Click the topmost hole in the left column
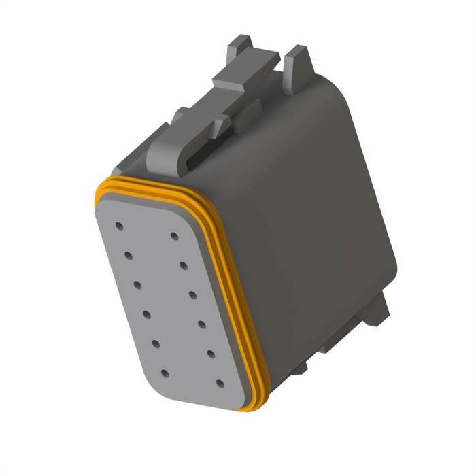coord(119,226)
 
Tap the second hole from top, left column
coord(128,255)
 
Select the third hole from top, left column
coord(137,284)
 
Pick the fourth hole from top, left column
coord(146,313)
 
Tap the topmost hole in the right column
coord(175,236)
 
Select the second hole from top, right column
coord(184,265)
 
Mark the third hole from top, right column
coord(193,294)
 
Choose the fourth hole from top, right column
coord(202,324)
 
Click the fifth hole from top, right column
coord(211,354)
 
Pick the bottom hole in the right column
coord(220,383)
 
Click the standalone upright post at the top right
coord(296,68)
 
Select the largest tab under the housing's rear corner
coord(377,309)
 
